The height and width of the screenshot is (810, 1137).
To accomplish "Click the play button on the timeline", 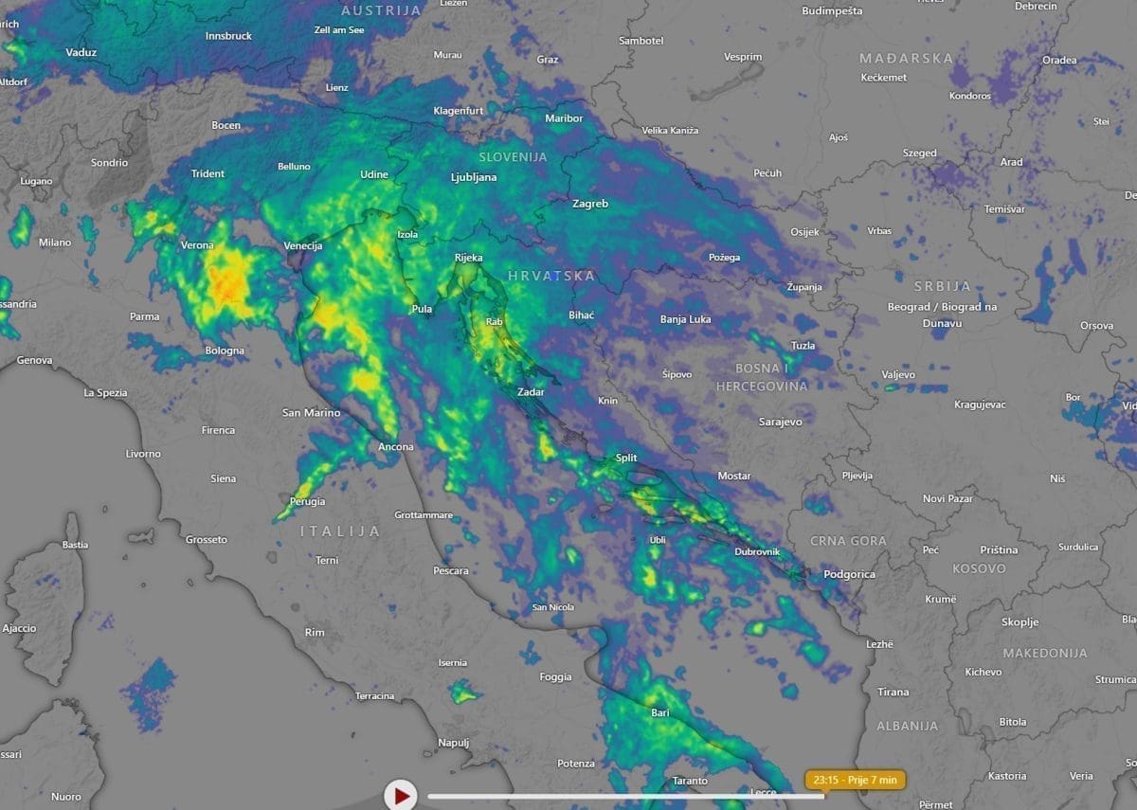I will tap(401, 795).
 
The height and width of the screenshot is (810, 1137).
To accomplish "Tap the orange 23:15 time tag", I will tap(856, 780).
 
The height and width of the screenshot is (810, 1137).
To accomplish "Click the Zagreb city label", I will tap(590, 204).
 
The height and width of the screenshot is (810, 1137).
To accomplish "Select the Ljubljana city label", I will tap(474, 177).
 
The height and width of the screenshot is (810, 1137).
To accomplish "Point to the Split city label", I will tap(626, 458).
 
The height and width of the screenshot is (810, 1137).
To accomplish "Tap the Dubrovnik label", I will tap(757, 551).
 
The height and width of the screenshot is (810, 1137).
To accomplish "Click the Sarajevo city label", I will tap(781, 422).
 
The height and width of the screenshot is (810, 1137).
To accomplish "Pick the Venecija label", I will tap(303, 246).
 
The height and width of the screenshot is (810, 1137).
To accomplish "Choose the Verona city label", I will tap(197, 245).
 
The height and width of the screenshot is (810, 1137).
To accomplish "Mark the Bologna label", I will tap(225, 351).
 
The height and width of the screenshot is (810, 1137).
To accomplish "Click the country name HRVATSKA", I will tap(551, 276).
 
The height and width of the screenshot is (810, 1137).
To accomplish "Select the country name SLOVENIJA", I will tap(513, 156).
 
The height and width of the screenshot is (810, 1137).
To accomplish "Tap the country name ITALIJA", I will tap(340, 531).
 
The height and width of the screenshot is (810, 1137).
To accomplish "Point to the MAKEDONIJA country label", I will tap(1045, 653).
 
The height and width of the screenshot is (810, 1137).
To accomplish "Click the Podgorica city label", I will tap(850, 574).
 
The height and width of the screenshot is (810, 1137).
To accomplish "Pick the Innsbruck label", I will tap(228, 36).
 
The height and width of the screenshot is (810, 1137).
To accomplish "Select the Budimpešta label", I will tap(832, 11).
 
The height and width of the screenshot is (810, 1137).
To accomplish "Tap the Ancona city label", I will tap(396, 447).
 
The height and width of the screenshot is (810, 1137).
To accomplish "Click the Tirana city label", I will tap(893, 693).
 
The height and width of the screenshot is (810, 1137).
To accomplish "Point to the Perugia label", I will tap(308, 501).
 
